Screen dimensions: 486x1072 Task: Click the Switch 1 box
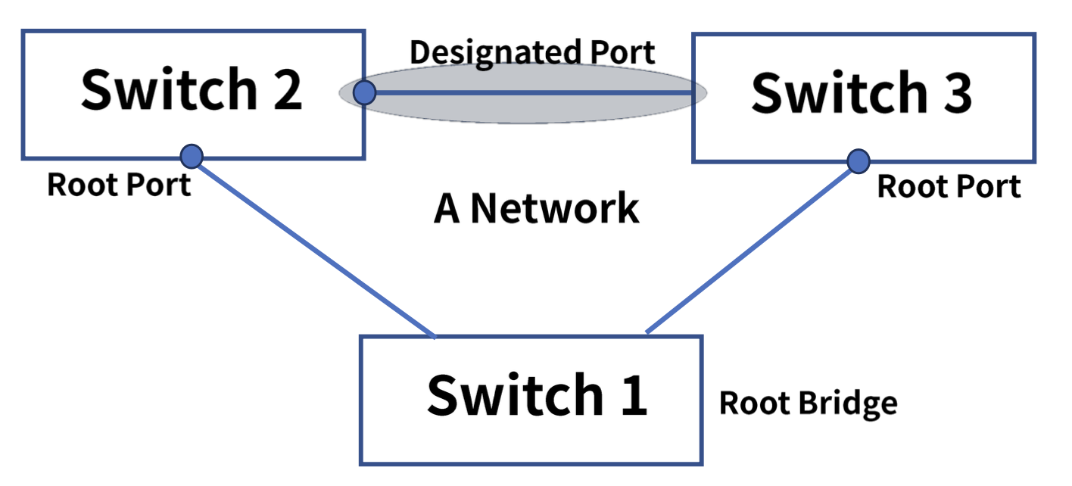(x=531, y=400)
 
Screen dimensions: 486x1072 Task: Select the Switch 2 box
(x=192, y=94)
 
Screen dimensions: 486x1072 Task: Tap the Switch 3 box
(x=863, y=97)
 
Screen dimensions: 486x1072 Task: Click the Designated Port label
(x=531, y=53)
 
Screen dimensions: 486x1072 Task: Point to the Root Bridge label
(x=808, y=403)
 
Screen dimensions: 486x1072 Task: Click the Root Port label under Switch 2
(x=119, y=184)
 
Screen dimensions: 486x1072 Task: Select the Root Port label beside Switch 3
(x=949, y=186)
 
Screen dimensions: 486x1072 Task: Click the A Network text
(x=536, y=208)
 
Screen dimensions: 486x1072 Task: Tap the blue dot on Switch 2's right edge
(x=365, y=92)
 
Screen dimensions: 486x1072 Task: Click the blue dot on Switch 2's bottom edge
(x=192, y=157)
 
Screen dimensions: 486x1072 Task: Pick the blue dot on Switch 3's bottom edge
(x=858, y=160)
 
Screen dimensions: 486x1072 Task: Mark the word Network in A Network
(x=554, y=208)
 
